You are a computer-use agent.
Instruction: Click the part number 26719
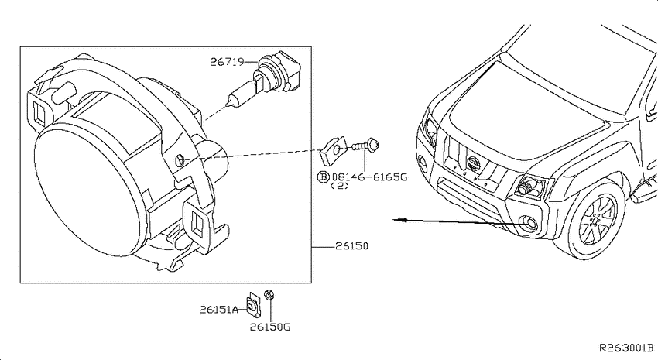coord(227,62)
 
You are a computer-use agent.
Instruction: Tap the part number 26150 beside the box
coord(351,246)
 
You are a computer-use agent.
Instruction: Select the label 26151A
coord(218,310)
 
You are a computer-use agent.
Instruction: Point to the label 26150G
coord(270,327)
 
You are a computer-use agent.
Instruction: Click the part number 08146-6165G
coord(369,177)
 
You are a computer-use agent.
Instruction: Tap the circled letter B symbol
coord(324,177)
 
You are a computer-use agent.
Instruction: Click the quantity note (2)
coord(340,186)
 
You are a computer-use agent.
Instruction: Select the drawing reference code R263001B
coord(626,348)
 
